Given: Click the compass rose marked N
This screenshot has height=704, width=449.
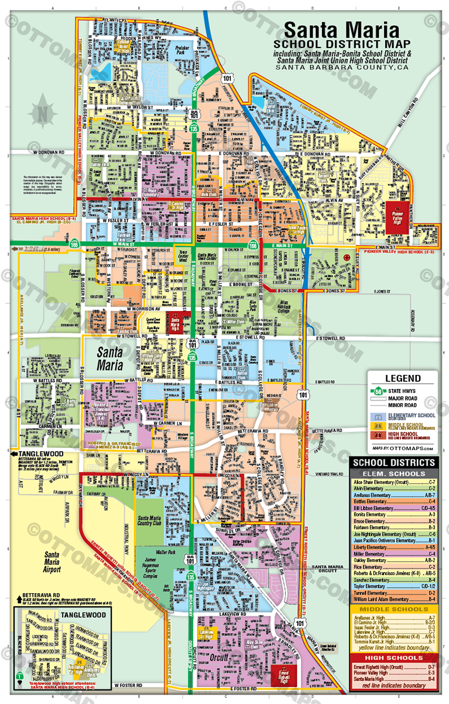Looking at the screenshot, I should click(42, 111).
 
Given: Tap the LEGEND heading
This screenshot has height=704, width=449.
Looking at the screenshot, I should click(402, 379).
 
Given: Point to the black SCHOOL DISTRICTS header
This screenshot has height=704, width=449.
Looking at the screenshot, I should click(402, 463).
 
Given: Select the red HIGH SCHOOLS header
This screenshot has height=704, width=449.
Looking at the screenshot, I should click(402, 658).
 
